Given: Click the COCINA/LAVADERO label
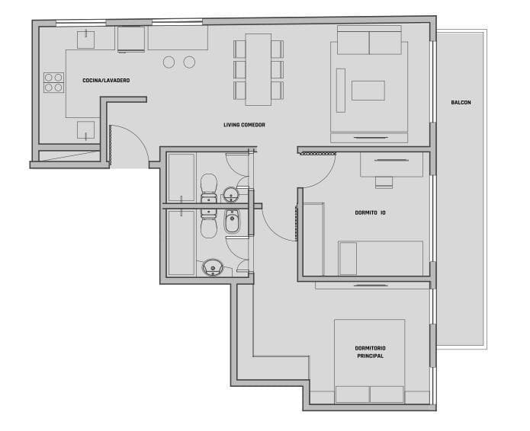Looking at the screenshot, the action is (106, 80).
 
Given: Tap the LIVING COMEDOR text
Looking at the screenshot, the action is (244, 125).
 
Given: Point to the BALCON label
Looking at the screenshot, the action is (461, 102).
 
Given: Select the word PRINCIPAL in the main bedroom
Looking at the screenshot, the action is (371, 356).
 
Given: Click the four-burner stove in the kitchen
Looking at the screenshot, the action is (53, 82).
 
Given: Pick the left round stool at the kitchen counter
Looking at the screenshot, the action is (169, 62).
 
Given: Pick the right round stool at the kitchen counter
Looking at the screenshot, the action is (189, 62).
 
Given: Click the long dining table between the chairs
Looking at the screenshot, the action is (259, 69).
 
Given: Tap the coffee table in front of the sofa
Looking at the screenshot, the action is (368, 91).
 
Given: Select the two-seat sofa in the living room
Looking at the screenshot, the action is (369, 40).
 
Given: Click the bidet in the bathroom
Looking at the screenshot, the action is (232, 221).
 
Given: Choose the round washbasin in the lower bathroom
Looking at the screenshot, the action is (212, 267).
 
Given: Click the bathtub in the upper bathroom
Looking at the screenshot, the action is (181, 178).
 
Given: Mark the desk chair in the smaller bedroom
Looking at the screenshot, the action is (384, 182).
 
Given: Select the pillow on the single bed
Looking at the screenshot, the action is (349, 259).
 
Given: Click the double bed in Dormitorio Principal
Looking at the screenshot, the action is (370, 361).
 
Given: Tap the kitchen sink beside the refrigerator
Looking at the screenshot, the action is (86, 40).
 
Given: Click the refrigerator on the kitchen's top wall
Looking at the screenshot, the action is (131, 40).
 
